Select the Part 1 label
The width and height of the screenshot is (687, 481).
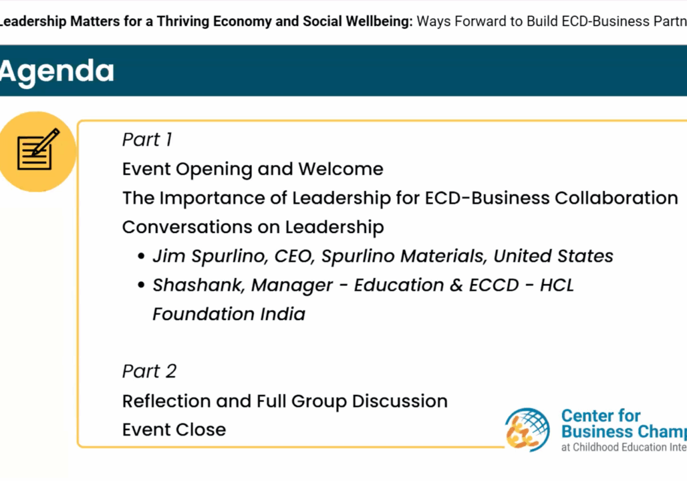[147, 140]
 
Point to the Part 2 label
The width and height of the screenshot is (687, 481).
[149, 371]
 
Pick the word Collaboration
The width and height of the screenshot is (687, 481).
[616, 198]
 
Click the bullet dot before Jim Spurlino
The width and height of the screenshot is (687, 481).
[141, 257]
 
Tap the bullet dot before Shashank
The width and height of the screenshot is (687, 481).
[141, 285]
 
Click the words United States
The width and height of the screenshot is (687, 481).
[553, 257]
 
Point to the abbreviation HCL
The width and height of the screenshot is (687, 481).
[557, 285]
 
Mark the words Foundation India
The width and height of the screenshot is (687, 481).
[229, 314]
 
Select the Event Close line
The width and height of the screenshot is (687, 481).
[174, 430]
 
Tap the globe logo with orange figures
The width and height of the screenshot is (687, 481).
[527, 430]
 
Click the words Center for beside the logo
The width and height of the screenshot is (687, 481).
[601, 416]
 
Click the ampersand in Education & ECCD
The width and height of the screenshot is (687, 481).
[456, 286]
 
